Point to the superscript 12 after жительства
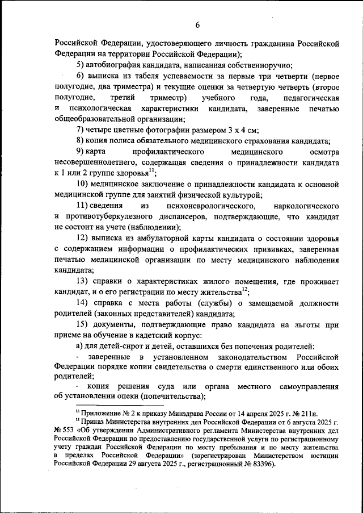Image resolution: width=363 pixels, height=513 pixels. pyautogui.click(x=245, y=289)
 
